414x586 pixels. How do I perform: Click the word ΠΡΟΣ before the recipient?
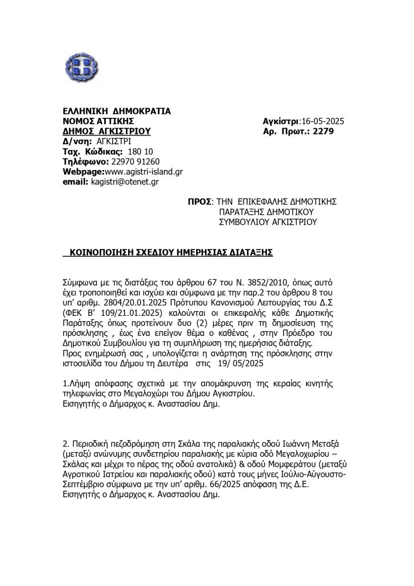[x=199, y=201]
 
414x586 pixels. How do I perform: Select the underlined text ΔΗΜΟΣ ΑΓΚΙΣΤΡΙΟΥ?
[x=106, y=130]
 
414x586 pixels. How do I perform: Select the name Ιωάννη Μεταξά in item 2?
[x=300, y=445]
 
